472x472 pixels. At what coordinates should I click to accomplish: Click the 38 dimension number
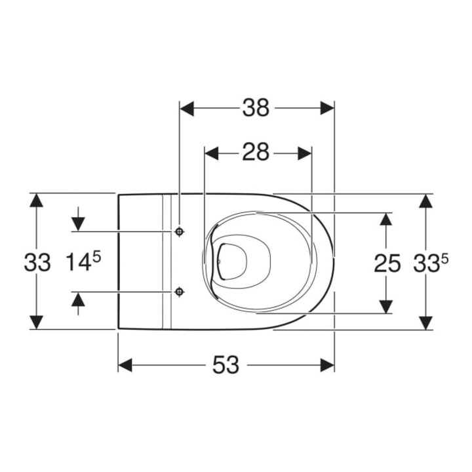point(256,108)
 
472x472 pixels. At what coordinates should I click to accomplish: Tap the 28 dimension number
point(256,152)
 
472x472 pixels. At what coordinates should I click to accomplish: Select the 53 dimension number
point(226,365)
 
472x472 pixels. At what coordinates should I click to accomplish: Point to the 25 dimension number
point(387,263)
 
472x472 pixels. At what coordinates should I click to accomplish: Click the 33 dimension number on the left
point(37,262)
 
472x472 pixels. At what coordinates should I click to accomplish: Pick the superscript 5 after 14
point(96,258)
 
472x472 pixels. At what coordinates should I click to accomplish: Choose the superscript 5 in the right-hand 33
point(444,258)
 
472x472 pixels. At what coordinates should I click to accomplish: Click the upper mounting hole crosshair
point(180,231)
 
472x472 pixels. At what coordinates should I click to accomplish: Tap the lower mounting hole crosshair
point(180,291)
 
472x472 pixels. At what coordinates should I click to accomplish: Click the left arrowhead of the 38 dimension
point(187,108)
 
